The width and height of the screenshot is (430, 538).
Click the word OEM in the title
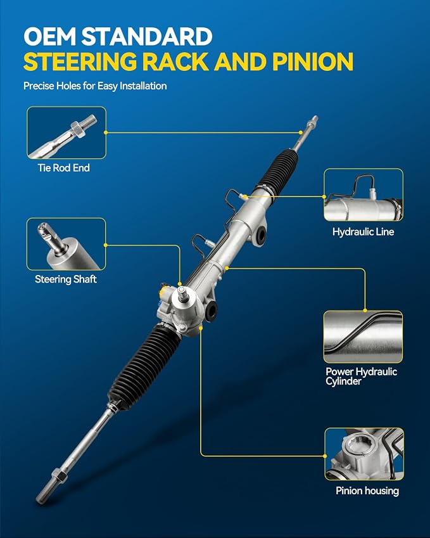pyautogui.click(x=49, y=36)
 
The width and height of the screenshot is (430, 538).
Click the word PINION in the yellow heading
pyautogui.click(x=313, y=61)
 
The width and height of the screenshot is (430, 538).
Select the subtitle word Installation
pyautogui.click(x=143, y=86)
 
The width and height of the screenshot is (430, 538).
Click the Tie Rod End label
pyautogui.click(x=64, y=168)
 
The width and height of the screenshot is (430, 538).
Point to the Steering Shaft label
pyautogui.click(x=65, y=279)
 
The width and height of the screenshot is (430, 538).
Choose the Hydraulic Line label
pyautogui.click(x=363, y=232)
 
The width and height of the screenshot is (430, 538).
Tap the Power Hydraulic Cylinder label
pyautogui.click(x=362, y=376)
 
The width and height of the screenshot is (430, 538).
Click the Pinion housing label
pyautogui.click(x=367, y=490)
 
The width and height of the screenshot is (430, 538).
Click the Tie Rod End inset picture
pyautogui.click(x=66, y=133)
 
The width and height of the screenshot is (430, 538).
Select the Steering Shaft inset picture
pyautogui.click(x=66, y=244)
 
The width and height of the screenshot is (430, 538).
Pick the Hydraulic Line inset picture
pyautogui.click(x=364, y=195)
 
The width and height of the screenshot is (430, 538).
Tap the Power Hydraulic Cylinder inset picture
pyautogui.click(x=363, y=337)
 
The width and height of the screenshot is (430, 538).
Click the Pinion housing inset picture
pyautogui.click(x=364, y=454)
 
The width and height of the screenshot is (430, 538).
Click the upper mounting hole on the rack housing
pyautogui.click(x=261, y=234)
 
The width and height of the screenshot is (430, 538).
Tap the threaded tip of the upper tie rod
pyautogui.click(x=313, y=121)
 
